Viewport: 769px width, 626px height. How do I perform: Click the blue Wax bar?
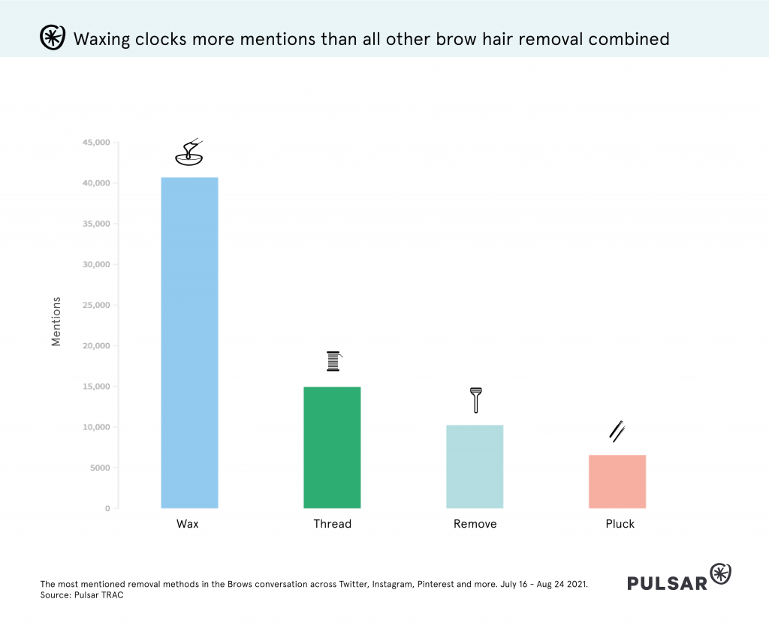(189, 343)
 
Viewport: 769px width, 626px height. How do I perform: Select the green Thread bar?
(332, 447)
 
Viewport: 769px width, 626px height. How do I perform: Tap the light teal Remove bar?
(475, 466)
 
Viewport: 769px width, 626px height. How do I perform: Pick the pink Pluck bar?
(617, 481)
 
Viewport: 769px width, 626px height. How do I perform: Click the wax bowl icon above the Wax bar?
(188, 153)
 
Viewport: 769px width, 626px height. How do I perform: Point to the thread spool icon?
(333, 361)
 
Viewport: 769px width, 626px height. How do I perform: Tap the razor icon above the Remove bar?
(475, 399)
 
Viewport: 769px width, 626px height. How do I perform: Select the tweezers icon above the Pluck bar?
(617, 431)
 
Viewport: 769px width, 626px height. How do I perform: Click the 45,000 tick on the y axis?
(95, 143)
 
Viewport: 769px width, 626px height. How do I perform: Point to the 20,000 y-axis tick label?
(95, 346)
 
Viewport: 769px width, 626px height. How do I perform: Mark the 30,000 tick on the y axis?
(95, 264)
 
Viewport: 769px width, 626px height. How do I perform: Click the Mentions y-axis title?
(56, 321)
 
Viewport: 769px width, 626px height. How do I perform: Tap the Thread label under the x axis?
(332, 524)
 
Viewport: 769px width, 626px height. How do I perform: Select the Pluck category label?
(620, 524)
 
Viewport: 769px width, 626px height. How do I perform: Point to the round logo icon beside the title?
(51, 38)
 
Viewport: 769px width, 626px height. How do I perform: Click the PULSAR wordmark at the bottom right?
(667, 582)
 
